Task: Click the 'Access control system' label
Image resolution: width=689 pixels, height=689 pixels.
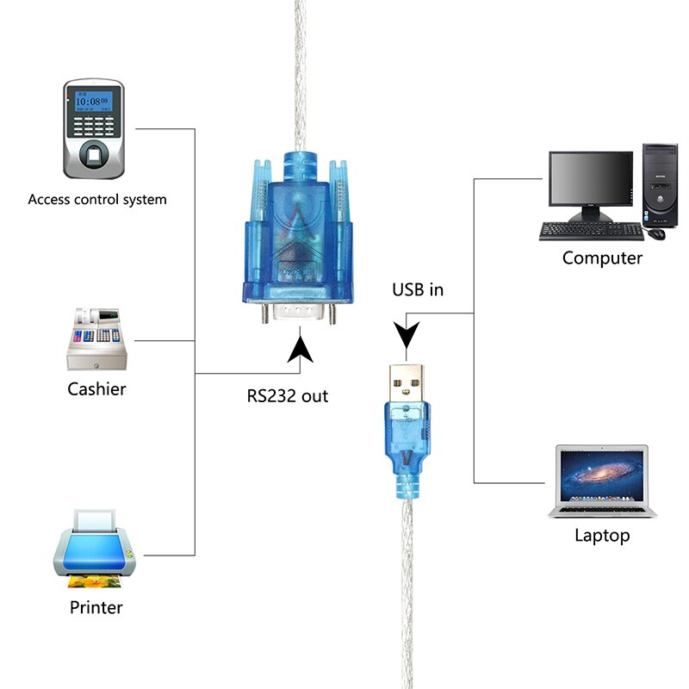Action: point(97,199)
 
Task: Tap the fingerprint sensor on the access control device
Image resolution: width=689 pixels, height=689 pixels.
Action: point(94,155)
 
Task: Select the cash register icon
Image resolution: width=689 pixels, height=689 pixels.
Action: point(96,338)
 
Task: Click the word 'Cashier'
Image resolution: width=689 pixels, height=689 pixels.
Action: point(96,389)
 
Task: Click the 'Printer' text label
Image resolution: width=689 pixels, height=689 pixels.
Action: point(96,607)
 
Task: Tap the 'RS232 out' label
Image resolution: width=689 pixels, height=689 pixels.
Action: point(287,397)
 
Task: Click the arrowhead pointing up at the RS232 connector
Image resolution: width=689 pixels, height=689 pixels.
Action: point(301,350)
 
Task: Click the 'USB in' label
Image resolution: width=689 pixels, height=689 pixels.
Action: point(418,289)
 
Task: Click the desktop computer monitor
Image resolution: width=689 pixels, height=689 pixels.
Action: point(591,183)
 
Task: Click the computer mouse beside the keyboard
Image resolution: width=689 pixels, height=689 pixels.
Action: point(657,233)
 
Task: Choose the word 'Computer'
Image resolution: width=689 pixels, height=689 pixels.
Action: point(602,258)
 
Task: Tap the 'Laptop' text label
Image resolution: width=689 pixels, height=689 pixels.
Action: point(602,536)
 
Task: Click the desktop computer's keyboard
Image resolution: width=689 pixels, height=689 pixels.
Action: point(592,231)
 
